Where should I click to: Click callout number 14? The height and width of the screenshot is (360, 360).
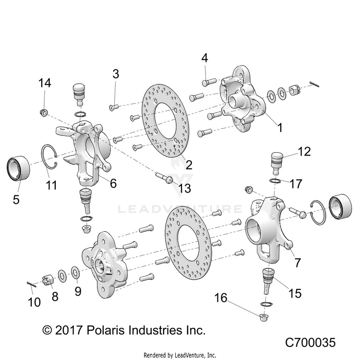45,83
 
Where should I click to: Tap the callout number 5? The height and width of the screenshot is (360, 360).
16,199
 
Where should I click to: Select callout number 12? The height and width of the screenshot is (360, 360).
304,152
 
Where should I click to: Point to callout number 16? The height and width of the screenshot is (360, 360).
221,298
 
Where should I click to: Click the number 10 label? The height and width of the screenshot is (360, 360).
34,302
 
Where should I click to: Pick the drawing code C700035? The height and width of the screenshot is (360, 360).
310,342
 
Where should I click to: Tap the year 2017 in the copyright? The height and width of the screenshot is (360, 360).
69,330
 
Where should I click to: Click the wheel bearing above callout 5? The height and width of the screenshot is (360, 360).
18,168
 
